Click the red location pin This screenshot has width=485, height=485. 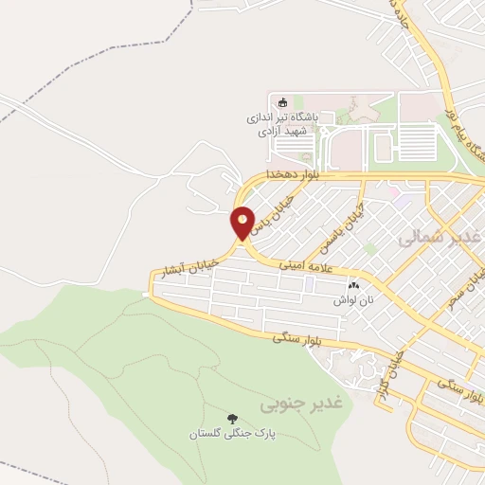coord(243,223)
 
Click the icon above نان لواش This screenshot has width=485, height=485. coord(354,284)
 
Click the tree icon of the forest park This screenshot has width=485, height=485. coord(231,418)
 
